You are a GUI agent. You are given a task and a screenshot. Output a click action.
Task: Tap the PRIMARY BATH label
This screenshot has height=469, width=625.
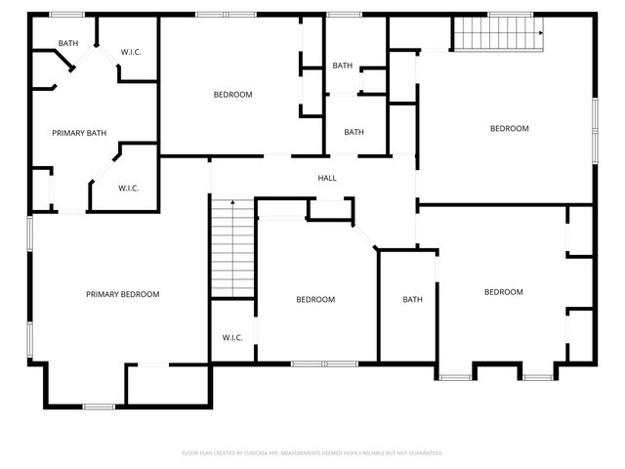pos(79,133)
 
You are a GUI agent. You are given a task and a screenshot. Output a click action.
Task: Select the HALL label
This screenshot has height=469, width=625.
pos(327,178)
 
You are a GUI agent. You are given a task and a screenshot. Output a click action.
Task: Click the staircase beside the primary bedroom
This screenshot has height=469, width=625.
pos(233,248)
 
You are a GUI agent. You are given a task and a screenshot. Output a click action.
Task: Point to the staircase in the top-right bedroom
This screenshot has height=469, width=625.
pos(498,36)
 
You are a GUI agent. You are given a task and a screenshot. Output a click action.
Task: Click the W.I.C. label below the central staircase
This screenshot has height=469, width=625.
pos(232,338)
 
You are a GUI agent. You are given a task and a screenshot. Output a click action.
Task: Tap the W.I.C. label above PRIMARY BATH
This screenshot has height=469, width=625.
pos(132,52)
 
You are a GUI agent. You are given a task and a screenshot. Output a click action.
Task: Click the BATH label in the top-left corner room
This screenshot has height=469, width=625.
pos(68,43)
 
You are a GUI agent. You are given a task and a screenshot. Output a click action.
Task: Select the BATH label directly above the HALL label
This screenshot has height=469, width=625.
pos(354,132)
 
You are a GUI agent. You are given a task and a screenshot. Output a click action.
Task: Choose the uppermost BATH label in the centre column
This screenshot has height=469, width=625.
pos(342,65)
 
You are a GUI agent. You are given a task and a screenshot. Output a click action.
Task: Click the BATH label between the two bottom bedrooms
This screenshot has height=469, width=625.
pos(413,299)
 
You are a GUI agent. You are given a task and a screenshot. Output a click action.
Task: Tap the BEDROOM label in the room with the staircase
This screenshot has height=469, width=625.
pos(509,128)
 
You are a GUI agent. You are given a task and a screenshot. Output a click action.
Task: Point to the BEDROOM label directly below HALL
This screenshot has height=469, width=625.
pos(315,299)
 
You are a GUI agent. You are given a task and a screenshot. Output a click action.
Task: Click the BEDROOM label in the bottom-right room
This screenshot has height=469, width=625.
pos(504,291)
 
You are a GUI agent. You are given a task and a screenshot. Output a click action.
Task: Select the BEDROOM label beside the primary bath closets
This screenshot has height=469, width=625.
pos(232,95)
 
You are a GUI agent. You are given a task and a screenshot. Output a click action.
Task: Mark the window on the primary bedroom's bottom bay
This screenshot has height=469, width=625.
pos(98,406)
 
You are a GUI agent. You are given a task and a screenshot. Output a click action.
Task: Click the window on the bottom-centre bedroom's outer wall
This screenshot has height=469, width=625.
pos(325,364)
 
